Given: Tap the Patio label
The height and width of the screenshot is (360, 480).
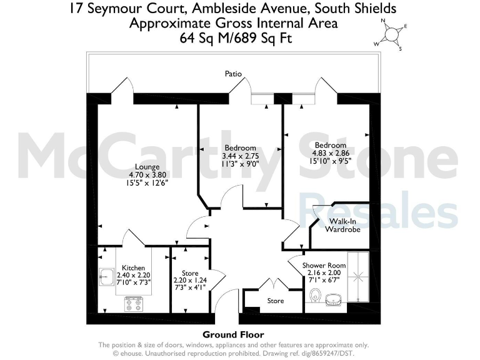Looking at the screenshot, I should click(x=234, y=74).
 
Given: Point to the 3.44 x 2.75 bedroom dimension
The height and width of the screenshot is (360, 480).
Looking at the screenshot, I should click(x=240, y=156).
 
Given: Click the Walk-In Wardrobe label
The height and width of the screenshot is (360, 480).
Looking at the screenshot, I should click(x=342, y=225).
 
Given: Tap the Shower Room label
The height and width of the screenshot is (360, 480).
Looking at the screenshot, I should click(x=324, y=265).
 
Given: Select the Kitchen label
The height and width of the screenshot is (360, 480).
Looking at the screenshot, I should click(x=133, y=268).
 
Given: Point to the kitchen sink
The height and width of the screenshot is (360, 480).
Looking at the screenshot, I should click(x=106, y=276).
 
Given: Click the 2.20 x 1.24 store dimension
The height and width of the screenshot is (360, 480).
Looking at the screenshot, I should click(x=190, y=281).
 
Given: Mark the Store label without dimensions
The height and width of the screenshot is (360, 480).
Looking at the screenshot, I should click(x=276, y=301).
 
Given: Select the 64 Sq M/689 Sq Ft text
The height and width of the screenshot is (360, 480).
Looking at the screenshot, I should click(x=233, y=37).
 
